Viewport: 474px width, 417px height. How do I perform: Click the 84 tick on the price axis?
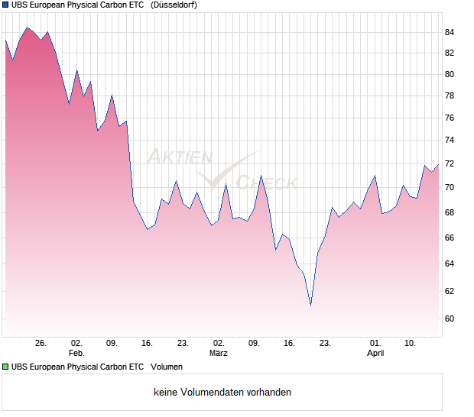[x=450, y=32]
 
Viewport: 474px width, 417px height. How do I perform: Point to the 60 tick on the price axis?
[x=450, y=319]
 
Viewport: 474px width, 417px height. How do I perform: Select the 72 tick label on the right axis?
[x=450, y=164]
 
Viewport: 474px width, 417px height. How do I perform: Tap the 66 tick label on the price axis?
[x=450, y=238]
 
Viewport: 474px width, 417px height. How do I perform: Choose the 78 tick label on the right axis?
[x=450, y=96]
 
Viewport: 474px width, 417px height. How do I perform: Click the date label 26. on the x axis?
[x=41, y=343]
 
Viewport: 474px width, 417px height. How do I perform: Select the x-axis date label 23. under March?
[x=325, y=343]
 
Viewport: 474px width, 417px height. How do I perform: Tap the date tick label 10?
[x=410, y=343]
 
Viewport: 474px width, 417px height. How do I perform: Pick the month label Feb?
[x=76, y=353]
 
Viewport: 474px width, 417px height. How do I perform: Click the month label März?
[x=218, y=353]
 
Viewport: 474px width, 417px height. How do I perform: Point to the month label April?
[x=375, y=353]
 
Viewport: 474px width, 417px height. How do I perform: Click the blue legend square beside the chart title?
[x=5, y=5]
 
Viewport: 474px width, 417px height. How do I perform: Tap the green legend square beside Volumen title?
[x=5, y=367]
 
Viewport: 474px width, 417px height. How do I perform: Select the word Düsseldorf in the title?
[x=174, y=5]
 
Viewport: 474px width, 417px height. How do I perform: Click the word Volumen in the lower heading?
[x=167, y=367]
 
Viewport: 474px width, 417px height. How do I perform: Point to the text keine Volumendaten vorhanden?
[x=222, y=393]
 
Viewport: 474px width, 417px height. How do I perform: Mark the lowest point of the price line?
[x=311, y=306]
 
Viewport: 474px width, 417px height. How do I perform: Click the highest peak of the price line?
[x=27, y=27]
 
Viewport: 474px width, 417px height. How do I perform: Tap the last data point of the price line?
[x=439, y=164]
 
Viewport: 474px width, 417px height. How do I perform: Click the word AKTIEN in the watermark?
[x=179, y=157]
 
